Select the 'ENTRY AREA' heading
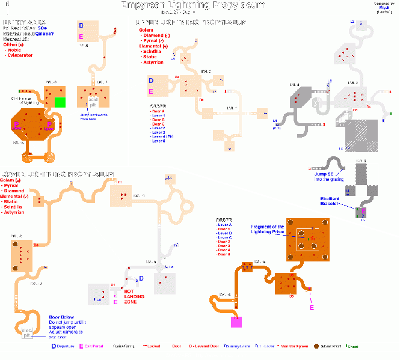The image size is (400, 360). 24,22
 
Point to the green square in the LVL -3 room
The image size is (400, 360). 60,102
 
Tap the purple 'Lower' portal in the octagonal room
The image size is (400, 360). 17,128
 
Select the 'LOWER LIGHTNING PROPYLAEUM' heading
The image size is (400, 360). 57,174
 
